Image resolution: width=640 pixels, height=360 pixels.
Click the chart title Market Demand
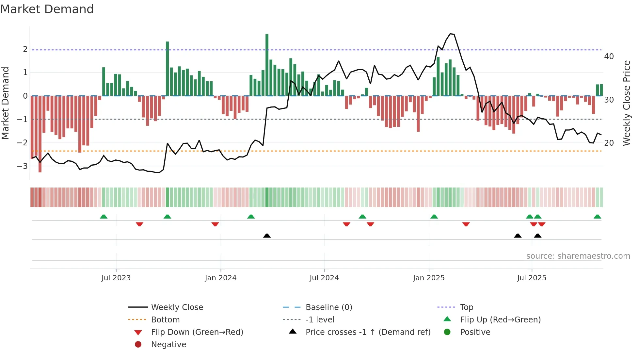tap(47, 9)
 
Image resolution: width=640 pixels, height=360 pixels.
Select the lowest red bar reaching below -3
tap(40, 134)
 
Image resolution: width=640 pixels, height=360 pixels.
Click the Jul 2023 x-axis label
tap(116, 278)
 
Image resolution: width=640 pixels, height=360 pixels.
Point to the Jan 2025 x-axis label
tap(429, 278)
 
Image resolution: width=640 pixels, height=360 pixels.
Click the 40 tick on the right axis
tap(609, 57)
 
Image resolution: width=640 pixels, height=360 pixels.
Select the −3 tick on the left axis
tap(22, 166)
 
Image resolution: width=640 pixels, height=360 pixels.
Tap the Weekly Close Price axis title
tap(626, 103)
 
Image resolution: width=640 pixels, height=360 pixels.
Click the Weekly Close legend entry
tap(177, 307)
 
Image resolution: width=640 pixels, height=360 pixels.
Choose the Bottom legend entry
tap(165, 320)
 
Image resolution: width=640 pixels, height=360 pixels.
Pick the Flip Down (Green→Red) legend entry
tap(197, 332)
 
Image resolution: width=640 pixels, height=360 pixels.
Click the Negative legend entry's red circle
tap(138, 345)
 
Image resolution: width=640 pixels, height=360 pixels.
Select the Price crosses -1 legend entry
tap(368, 332)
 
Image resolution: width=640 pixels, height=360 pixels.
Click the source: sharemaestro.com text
tap(578, 256)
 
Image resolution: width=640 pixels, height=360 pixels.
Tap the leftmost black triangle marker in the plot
tap(267, 236)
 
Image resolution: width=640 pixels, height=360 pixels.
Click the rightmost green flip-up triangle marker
tap(597, 217)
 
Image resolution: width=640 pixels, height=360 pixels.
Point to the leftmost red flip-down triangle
tap(139, 224)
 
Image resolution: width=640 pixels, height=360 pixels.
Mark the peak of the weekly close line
tap(451, 34)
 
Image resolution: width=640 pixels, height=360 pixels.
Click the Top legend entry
tap(467, 307)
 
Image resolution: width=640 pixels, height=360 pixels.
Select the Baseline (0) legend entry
tap(328, 307)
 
